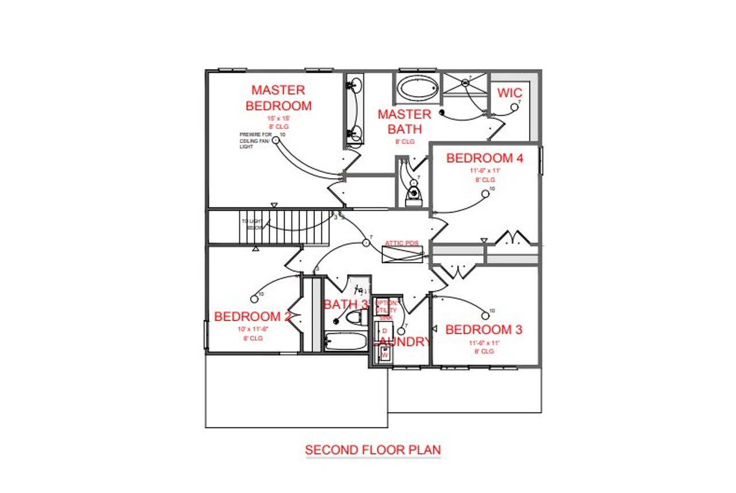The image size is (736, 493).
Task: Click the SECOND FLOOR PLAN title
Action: (373, 449)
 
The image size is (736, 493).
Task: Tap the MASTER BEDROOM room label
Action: (278, 98)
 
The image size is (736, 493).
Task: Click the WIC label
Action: (509, 93)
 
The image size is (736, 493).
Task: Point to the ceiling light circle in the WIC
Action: (515, 106)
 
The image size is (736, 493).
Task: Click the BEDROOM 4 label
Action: (485, 158)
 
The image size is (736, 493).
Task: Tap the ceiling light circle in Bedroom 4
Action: (485, 194)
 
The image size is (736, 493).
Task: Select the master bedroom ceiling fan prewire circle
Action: (276, 139)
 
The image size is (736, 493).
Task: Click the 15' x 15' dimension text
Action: (278, 118)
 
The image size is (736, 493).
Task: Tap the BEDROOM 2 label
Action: (252, 317)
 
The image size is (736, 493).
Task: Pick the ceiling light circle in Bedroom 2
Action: (255, 298)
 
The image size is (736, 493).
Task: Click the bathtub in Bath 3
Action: (345, 342)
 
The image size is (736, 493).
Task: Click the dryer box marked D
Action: (384, 331)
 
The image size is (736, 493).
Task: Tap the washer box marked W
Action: (384, 355)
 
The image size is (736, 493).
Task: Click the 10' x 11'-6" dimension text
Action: (252, 329)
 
